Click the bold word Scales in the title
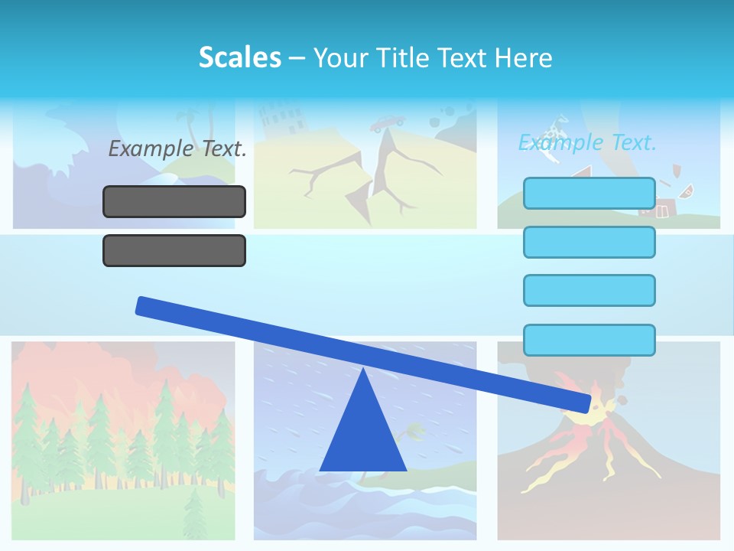coord(239,57)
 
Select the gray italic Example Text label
coord(177,148)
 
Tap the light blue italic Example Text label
coord(587,142)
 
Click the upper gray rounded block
coord(174,201)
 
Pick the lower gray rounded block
coord(174,250)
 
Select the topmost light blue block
coord(589,193)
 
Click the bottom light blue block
coord(589,340)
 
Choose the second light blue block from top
coord(589,242)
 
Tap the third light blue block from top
coord(589,290)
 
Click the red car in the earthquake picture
coord(388,122)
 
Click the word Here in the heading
coord(523,57)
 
